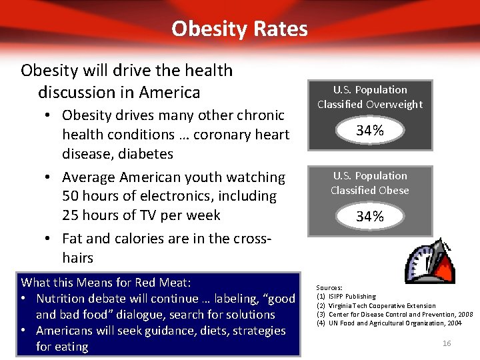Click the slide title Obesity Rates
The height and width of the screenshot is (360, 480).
tap(239, 29)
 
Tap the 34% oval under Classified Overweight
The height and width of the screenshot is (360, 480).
tap(370, 131)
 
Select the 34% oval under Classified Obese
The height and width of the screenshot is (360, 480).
tap(370, 217)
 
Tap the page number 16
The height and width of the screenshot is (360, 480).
tap(447, 343)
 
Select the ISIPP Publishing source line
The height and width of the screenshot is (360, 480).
tap(351, 297)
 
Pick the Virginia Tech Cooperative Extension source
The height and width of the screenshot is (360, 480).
tap(382, 305)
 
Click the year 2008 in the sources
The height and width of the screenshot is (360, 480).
tap(466, 314)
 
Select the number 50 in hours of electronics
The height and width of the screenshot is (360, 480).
tap(71, 196)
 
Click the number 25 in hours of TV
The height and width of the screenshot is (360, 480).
tap(71, 215)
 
